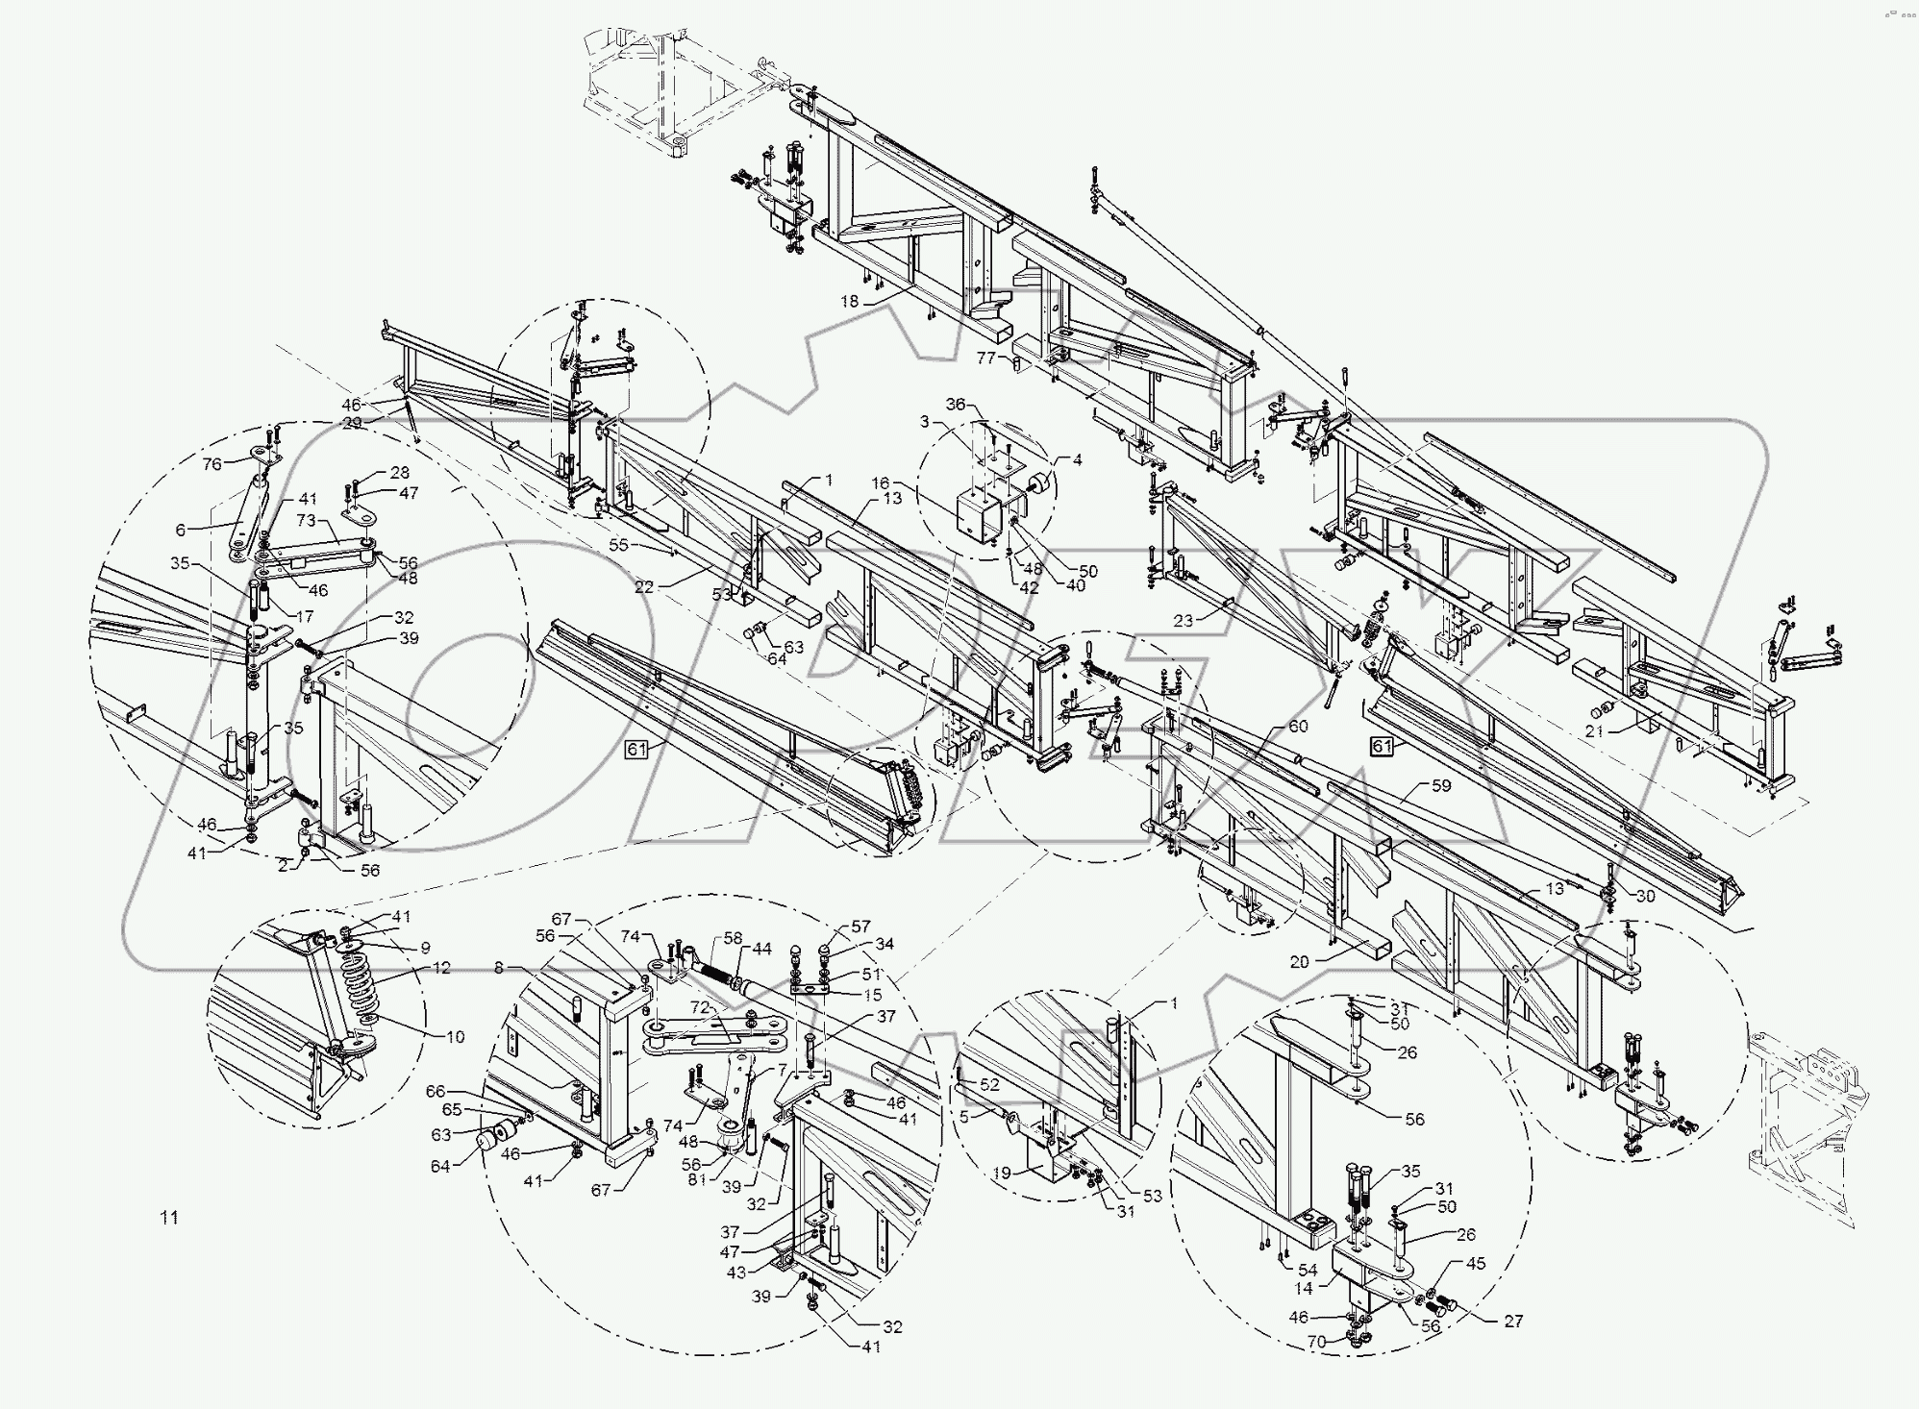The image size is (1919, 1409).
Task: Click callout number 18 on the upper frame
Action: [x=849, y=302]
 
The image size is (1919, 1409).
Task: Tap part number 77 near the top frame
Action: [x=985, y=358]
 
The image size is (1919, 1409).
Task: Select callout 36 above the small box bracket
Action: [x=955, y=405]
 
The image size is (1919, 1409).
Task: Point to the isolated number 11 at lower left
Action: [x=168, y=1218]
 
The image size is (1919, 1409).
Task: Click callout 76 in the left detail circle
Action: [x=212, y=464]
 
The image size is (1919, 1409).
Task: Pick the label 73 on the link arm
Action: [x=306, y=520]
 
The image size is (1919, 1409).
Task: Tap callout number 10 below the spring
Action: [x=455, y=1037]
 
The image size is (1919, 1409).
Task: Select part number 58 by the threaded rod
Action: [x=734, y=937]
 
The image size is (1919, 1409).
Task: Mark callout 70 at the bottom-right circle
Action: [x=1315, y=1342]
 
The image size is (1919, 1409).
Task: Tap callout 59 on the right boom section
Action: [x=1440, y=785]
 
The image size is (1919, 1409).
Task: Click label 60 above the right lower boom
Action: [x=1297, y=728]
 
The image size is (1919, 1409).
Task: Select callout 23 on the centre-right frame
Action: [x=1183, y=622]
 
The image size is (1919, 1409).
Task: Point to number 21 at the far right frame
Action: [x=1594, y=731]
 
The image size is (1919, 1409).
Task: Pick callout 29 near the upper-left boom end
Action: [x=352, y=423]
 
